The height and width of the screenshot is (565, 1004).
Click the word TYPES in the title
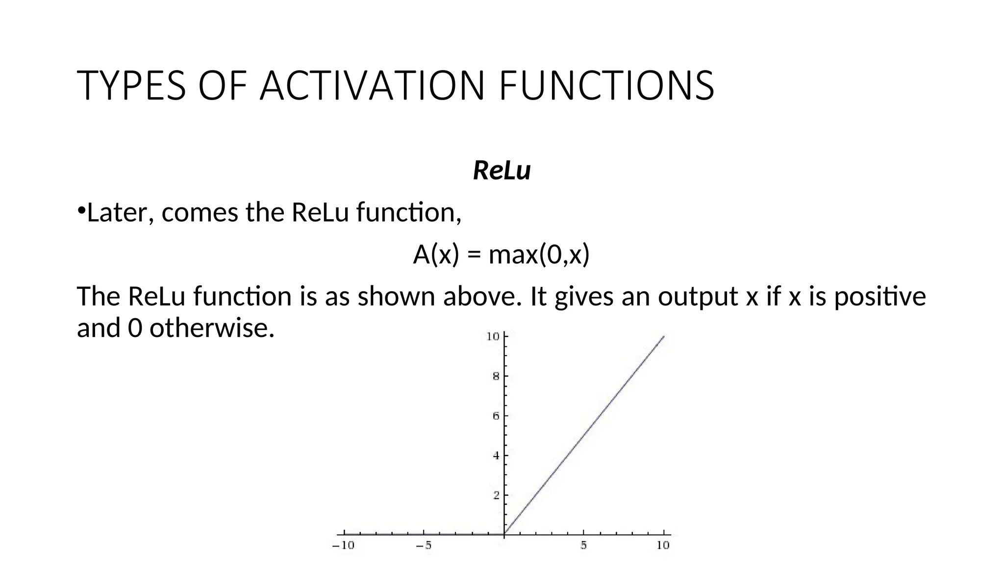(x=131, y=86)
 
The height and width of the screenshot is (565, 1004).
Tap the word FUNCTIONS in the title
(x=606, y=86)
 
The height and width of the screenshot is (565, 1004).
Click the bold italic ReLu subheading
(x=502, y=171)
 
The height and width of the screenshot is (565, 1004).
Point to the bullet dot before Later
(x=81, y=211)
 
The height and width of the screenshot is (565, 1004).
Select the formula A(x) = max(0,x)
(x=501, y=255)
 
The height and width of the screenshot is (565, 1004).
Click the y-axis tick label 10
(x=492, y=336)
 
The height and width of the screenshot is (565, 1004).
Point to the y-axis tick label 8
(x=495, y=377)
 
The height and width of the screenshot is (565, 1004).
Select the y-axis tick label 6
(x=495, y=416)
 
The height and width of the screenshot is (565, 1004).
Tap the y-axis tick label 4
(x=495, y=456)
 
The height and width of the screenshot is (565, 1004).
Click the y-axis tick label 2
(x=495, y=495)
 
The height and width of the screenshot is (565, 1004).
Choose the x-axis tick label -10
(x=343, y=545)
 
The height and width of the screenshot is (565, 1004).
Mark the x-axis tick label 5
(x=583, y=545)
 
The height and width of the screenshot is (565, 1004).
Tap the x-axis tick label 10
(x=663, y=545)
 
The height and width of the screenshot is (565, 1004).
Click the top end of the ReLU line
(x=663, y=336)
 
